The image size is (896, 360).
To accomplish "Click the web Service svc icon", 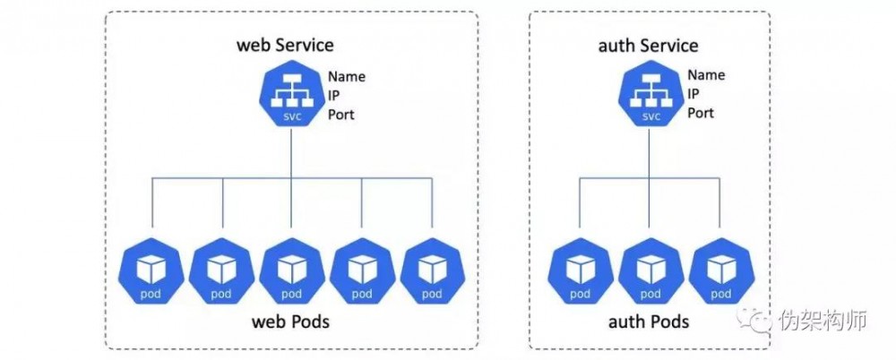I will pyautogui.click(x=291, y=99).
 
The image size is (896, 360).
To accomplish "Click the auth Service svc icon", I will pyautogui.click(x=650, y=99).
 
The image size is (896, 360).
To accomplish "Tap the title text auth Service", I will pyautogui.click(x=648, y=46).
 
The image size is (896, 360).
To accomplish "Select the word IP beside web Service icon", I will pyautogui.click(x=333, y=95).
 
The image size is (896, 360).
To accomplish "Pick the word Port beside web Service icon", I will pyautogui.click(x=340, y=114).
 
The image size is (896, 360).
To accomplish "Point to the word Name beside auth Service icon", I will pyautogui.click(x=706, y=76).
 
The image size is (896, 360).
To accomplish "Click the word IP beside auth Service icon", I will pyautogui.click(x=694, y=95).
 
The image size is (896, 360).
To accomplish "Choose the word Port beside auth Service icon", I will pyautogui.click(x=701, y=114).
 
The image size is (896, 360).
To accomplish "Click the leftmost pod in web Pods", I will pyautogui.click(x=151, y=270).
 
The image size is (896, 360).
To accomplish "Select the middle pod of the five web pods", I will pyautogui.click(x=291, y=270).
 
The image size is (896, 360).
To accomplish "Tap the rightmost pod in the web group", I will pyautogui.click(x=432, y=270).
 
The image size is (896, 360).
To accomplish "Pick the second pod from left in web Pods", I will pyautogui.click(x=221, y=270).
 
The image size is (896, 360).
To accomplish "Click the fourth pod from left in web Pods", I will pyautogui.click(x=362, y=270).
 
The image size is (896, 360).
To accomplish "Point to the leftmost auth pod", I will pyautogui.click(x=580, y=270).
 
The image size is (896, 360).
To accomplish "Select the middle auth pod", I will pyautogui.click(x=650, y=270).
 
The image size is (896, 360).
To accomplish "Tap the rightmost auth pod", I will pyautogui.click(x=720, y=270).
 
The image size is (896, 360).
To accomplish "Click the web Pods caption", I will pyautogui.click(x=290, y=321).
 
